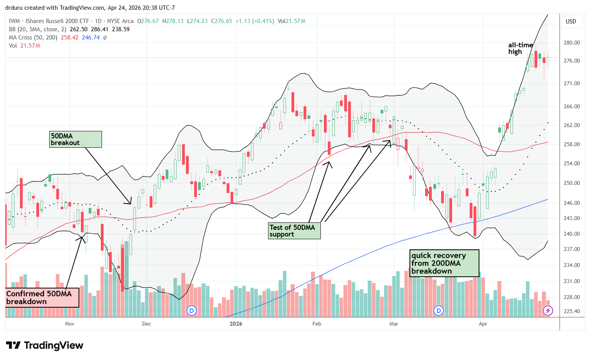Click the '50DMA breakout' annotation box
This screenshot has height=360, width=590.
click(x=76, y=140)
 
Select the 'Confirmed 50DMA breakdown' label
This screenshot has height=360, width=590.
click(x=42, y=298)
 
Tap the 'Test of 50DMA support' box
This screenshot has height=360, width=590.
click(x=294, y=231)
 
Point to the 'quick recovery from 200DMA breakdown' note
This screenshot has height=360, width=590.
click(x=444, y=263)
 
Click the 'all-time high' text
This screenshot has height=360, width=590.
click(x=520, y=48)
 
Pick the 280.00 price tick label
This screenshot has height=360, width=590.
click(x=572, y=43)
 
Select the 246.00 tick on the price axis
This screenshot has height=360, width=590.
click(x=572, y=203)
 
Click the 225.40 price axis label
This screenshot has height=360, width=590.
click(x=572, y=311)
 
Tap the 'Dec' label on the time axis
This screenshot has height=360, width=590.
click(x=147, y=324)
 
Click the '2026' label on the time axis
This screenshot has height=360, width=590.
click(x=236, y=324)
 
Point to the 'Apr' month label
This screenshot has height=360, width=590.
click(x=483, y=324)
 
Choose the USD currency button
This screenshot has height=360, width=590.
click(x=571, y=21)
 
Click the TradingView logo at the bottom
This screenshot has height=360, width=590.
click(x=45, y=346)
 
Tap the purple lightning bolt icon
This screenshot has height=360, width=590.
click(x=548, y=311)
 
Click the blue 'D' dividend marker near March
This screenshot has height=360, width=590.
click(x=439, y=311)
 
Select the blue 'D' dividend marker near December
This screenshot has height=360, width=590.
click(x=191, y=311)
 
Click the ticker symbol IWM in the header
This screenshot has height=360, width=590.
click(x=14, y=21)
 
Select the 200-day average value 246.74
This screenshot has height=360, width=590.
click(x=91, y=38)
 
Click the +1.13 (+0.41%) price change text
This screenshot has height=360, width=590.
click(x=255, y=21)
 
